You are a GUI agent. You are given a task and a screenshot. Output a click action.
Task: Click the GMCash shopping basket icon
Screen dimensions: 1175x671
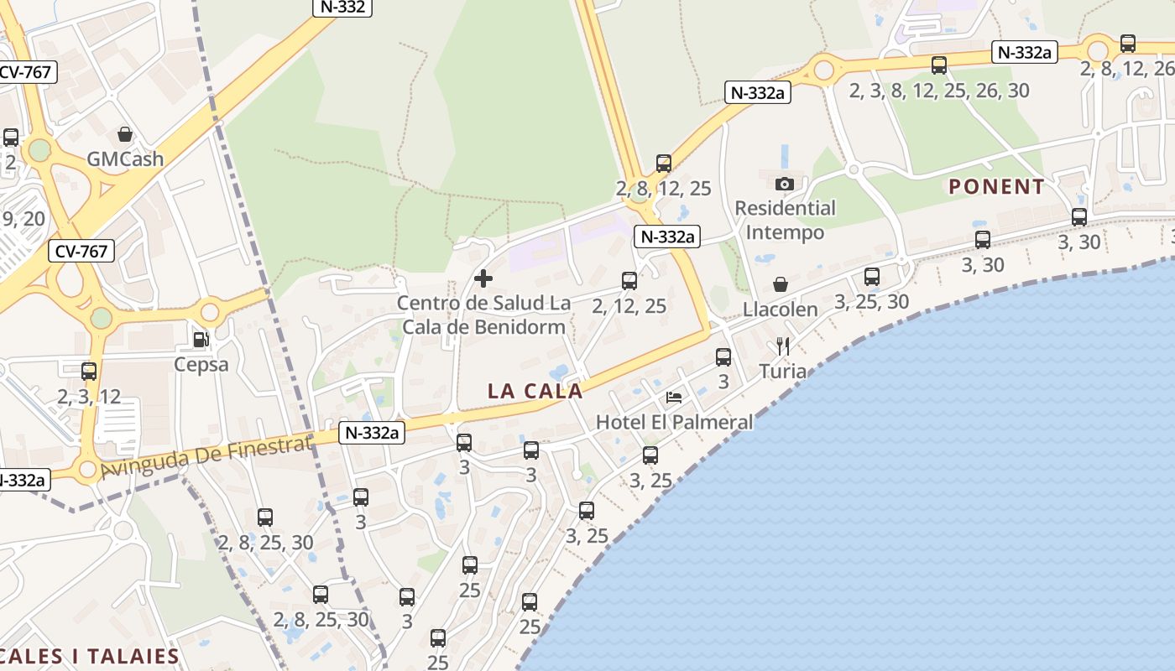click(125, 134)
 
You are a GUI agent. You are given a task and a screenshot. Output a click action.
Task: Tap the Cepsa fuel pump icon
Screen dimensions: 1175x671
click(201, 339)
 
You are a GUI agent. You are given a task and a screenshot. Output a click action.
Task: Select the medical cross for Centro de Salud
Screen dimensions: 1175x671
click(483, 278)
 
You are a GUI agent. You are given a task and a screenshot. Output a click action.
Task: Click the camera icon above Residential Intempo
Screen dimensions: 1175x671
click(785, 183)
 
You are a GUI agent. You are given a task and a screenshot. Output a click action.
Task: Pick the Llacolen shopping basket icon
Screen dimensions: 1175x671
click(781, 284)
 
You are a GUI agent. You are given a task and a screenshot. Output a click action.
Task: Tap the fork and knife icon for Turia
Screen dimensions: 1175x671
click(783, 346)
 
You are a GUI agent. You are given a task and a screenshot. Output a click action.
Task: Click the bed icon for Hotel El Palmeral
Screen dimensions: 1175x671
click(674, 397)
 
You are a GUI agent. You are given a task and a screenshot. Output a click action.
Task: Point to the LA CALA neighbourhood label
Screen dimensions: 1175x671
click(535, 391)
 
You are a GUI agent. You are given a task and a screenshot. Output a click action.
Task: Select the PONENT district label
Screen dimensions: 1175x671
click(996, 186)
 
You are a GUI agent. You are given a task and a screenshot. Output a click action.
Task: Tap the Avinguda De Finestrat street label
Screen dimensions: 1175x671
click(206, 457)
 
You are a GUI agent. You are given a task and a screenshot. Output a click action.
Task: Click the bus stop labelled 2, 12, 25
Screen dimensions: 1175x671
click(629, 281)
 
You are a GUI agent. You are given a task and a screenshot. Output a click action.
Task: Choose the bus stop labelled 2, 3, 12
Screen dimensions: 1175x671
click(89, 371)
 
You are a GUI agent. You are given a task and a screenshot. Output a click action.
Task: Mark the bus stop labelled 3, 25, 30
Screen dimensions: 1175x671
click(872, 276)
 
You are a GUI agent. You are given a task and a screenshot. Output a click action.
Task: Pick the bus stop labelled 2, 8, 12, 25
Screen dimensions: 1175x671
click(664, 163)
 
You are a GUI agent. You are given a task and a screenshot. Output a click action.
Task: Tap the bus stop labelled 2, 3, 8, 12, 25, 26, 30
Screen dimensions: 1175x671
click(939, 65)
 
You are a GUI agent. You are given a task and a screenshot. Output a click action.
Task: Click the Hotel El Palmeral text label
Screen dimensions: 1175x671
click(674, 422)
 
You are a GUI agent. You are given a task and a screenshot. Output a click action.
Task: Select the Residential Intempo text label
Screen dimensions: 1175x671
click(785, 220)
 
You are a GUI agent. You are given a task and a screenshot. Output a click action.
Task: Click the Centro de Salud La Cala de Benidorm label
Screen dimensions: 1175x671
click(483, 315)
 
